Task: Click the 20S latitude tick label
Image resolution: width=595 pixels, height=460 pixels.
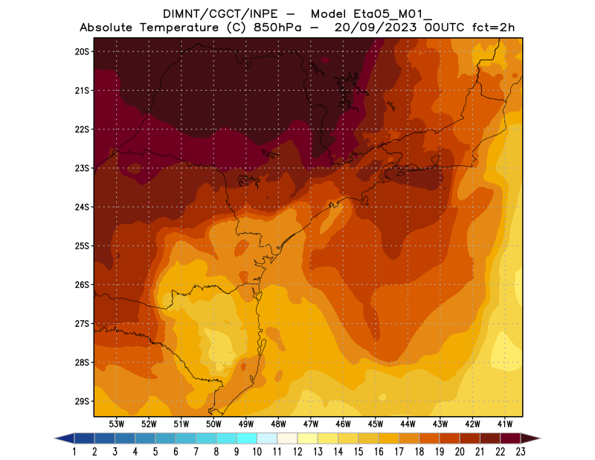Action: pyautogui.click(x=81, y=51)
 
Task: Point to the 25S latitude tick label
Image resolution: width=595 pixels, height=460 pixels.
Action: pyautogui.click(x=81, y=246)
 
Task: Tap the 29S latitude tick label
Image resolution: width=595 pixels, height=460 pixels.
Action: pyautogui.click(x=81, y=401)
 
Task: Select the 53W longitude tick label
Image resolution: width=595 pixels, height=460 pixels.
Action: pyautogui.click(x=116, y=424)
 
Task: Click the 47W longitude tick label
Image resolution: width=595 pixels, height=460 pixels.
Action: pyautogui.click(x=311, y=424)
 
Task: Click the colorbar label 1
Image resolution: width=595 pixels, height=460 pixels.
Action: pyautogui.click(x=74, y=451)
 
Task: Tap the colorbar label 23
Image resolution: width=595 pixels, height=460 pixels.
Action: pyautogui.click(x=521, y=451)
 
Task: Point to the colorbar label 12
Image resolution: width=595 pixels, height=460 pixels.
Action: pyautogui.click(x=297, y=451)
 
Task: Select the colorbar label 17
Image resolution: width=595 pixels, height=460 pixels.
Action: pyautogui.click(x=399, y=451)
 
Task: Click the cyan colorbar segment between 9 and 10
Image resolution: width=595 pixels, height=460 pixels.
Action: pyautogui.click(x=247, y=438)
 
